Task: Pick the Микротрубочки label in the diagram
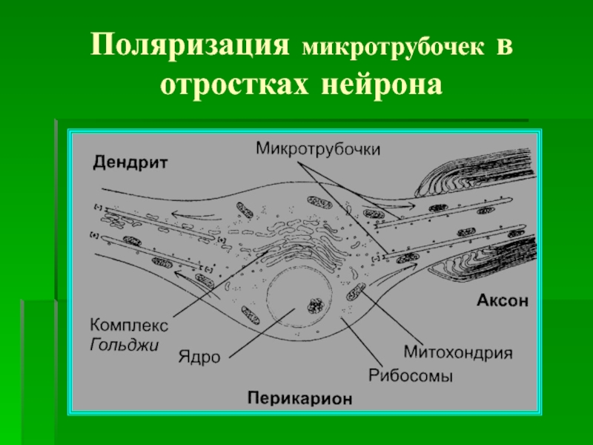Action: (318, 148)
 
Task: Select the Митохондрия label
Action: (458, 350)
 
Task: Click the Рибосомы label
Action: (410, 375)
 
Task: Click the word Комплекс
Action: (130, 324)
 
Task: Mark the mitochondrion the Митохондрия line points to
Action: (357, 290)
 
